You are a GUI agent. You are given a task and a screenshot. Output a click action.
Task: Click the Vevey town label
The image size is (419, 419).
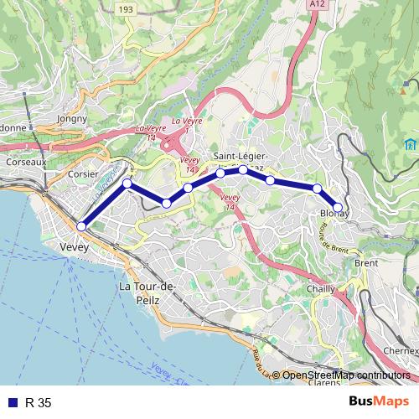pyautogui.click(x=75, y=247)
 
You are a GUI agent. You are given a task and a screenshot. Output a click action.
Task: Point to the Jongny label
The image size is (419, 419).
pyautogui.click(x=71, y=119)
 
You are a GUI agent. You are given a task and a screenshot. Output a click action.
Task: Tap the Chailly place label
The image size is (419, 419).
pyautogui.click(x=321, y=288)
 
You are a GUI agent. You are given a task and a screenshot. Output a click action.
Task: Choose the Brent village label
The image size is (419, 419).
pyautogui.click(x=366, y=263)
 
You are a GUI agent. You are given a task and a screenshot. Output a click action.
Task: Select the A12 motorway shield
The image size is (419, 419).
pyautogui.click(x=315, y=4)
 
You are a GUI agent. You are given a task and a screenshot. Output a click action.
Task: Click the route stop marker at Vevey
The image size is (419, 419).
pyautogui.click(x=81, y=226)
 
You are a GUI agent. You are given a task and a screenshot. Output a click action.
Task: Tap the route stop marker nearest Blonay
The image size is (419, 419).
pyautogui.click(x=338, y=207)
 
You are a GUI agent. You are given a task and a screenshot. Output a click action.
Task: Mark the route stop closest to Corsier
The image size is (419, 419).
pyautogui.click(x=127, y=183)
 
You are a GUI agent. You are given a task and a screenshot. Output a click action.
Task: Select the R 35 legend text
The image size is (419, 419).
pyautogui.click(x=39, y=403)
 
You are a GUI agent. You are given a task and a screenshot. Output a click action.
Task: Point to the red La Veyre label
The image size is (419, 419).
pyautogui.click(x=187, y=121)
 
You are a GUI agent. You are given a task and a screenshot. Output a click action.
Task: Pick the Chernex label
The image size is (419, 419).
pyautogui.click(x=400, y=350)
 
